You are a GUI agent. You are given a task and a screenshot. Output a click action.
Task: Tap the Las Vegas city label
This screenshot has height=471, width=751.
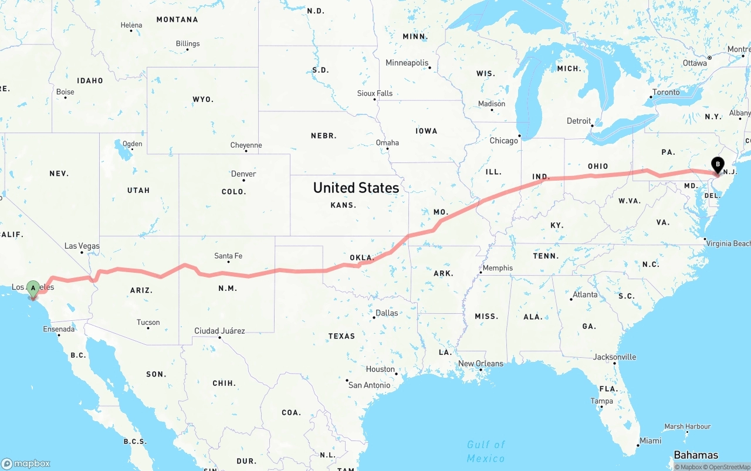tap(82, 246)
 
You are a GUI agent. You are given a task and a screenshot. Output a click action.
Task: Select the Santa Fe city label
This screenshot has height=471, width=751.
tap(228, 256)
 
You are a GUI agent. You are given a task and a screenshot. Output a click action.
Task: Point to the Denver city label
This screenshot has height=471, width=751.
tap(243, 174)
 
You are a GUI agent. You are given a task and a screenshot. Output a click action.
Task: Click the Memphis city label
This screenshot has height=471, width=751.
tap(498, 268)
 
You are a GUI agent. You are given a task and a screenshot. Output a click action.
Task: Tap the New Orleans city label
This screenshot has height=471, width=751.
tap(481, 363)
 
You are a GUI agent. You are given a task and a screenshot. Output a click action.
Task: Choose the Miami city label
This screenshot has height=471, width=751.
tap(651, 440)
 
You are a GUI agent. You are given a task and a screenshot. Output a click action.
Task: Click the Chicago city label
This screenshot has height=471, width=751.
tap(503, 140)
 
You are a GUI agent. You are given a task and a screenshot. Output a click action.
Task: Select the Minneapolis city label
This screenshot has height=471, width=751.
tap(407, 63)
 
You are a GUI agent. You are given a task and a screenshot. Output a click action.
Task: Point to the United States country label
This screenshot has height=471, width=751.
tap(356, 188)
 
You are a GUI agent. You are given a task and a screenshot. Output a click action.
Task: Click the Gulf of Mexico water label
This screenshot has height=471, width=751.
tap(486, 451)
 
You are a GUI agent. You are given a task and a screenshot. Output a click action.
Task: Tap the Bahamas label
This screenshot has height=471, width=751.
tap(696, 455)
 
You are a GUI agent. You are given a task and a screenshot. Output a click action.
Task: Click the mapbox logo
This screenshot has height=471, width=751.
tap(26, 463)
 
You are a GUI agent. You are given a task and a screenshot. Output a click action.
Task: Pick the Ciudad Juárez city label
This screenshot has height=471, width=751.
tap(219, 331)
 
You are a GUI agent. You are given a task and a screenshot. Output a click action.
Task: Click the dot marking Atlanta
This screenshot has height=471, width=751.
tap(571, 300)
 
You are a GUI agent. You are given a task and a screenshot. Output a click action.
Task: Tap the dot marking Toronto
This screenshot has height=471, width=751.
tap(651, 97)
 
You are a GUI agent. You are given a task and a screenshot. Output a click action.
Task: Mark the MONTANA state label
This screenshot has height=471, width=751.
tap(177, 19)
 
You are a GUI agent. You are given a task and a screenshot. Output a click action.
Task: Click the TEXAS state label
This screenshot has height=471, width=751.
tap(341, 336)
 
